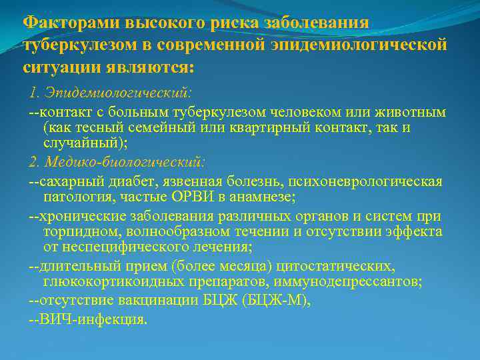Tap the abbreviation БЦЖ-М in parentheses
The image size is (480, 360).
point(280,301)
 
